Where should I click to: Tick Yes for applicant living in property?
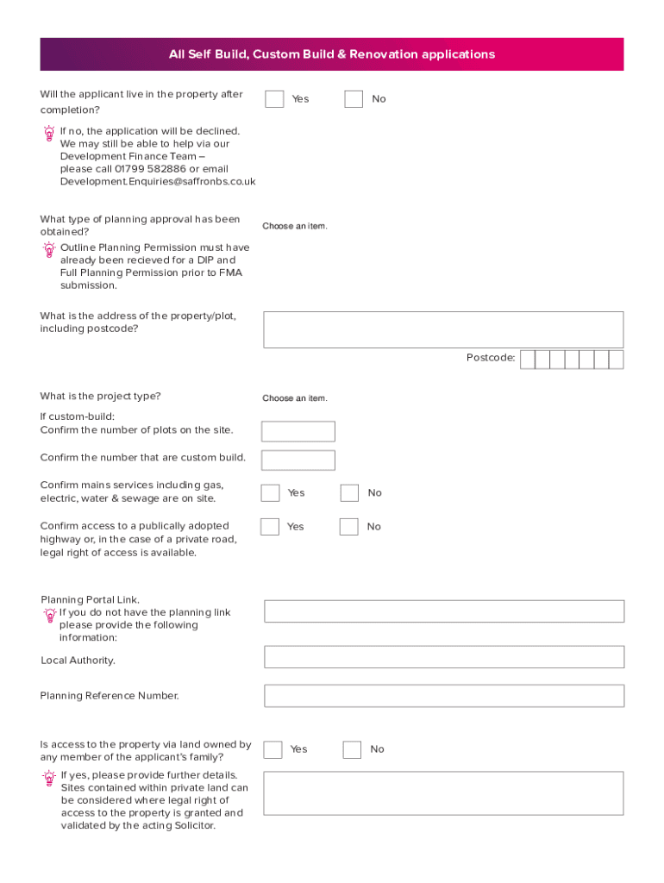[274, 99]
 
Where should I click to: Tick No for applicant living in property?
[354, 99]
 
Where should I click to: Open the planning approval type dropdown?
[295, 226]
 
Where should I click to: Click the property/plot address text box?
[442, 329]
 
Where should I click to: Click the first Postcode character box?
[528, 360]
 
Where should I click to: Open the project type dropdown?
[295, 398]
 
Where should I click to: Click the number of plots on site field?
[298, 431]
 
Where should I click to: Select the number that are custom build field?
[298, 460]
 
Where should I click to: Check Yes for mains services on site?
[271, 492]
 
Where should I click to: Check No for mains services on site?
[349, 492]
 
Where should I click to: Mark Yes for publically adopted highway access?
[270, 526]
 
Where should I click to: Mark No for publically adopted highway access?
[348, 526]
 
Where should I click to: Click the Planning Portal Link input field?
[443, 611]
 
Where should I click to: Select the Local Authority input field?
[443, 657]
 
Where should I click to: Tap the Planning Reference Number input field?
[443, 696]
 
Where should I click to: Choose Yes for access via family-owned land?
[272, 749]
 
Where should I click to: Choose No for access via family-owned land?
[352, 749]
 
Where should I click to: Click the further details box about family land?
[442, 793]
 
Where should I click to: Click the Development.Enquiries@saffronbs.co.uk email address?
[158, 182]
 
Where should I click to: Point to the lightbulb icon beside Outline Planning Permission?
[49, 250]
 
